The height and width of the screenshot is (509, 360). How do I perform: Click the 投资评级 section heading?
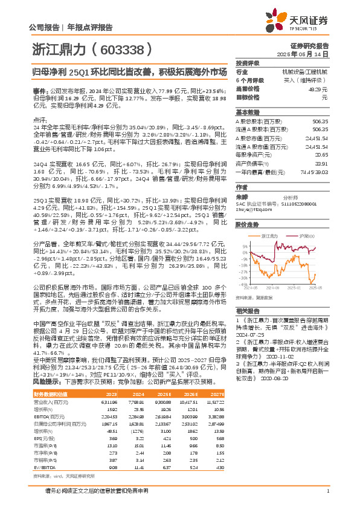coord(248,63)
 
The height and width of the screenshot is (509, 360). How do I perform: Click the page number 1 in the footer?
coord(327,490)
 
